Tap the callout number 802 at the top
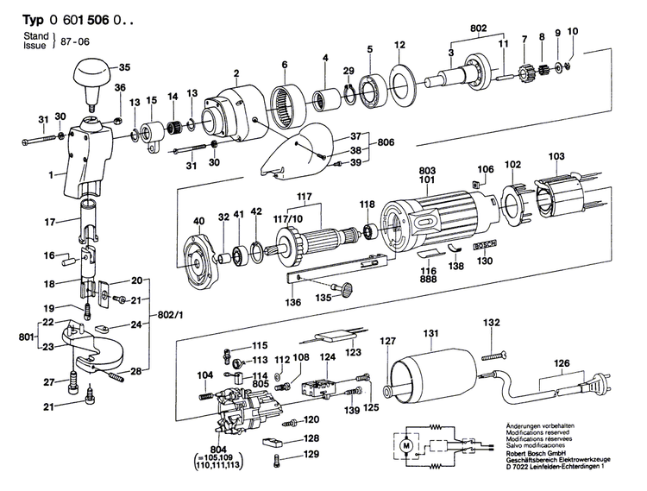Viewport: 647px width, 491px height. (x=478, y=28)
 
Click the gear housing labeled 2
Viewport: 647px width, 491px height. (x=233, y=112)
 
